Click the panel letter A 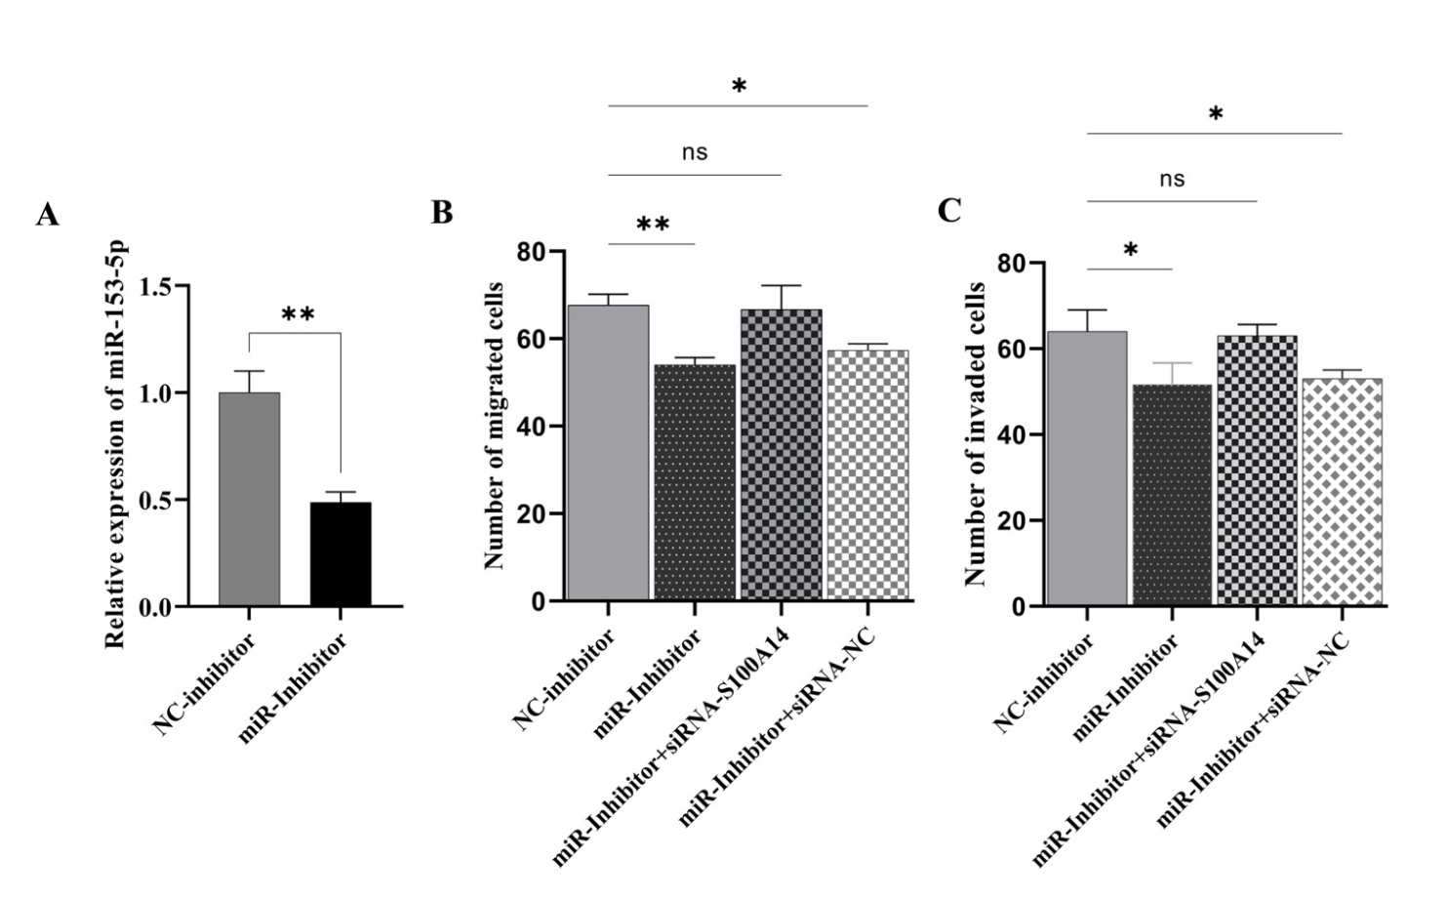point(47,215)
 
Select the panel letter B point(442,212)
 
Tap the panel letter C point(949,211)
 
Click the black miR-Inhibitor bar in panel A point(341,554)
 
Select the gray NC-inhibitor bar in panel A point(250,500)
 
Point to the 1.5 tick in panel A point(155,287)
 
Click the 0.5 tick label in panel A point(155,501)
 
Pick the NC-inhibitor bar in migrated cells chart point(608,453)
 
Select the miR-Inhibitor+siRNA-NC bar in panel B point(867,474)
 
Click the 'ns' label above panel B point(694,152)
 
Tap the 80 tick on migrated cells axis point(533,252)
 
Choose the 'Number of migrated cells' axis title point(495,426)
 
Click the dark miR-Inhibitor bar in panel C point(1171,495)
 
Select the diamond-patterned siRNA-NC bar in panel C point(1343,492)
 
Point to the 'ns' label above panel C point(1172,180)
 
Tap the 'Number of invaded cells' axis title point(975,434)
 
